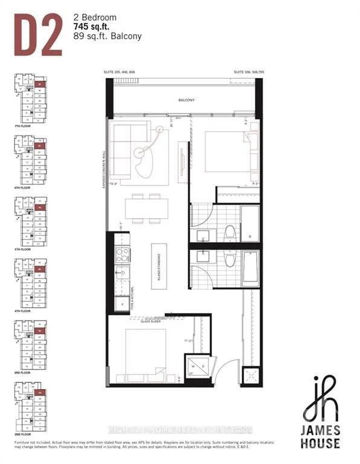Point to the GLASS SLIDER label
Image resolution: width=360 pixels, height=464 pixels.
(150, 322)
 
